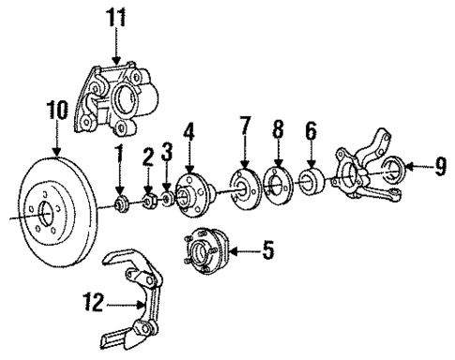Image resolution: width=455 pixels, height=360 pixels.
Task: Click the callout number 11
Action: click(116, 16)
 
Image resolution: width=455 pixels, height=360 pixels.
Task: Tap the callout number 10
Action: click(56, 111)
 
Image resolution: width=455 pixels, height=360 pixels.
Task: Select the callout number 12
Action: click(90, 304)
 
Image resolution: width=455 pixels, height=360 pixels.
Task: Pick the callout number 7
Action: click(243, 126)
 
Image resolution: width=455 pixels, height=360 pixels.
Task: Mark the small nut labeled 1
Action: click(119, 203)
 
